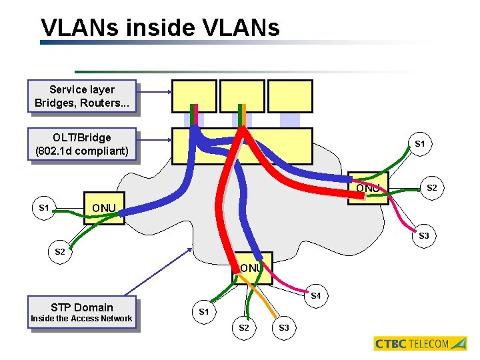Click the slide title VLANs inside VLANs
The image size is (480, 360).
pos(160,27)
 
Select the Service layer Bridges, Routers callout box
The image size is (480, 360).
pos(82,97)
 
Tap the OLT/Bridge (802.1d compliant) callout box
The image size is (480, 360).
pos(82,144)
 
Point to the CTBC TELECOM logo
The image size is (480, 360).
pos(420,344)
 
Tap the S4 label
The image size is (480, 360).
pos(315,295)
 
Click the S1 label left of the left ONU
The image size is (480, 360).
pos(43,207)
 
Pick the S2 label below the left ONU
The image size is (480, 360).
pos(60,252)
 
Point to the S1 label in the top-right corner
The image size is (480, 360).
pos(420,143)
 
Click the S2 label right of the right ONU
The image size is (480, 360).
pos(431,188)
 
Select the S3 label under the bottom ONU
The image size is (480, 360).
pos(284,327)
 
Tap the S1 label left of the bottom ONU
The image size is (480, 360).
pos(204,311)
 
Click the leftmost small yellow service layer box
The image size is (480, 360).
pos(194,96)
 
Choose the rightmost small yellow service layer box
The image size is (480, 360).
pos(290,96)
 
